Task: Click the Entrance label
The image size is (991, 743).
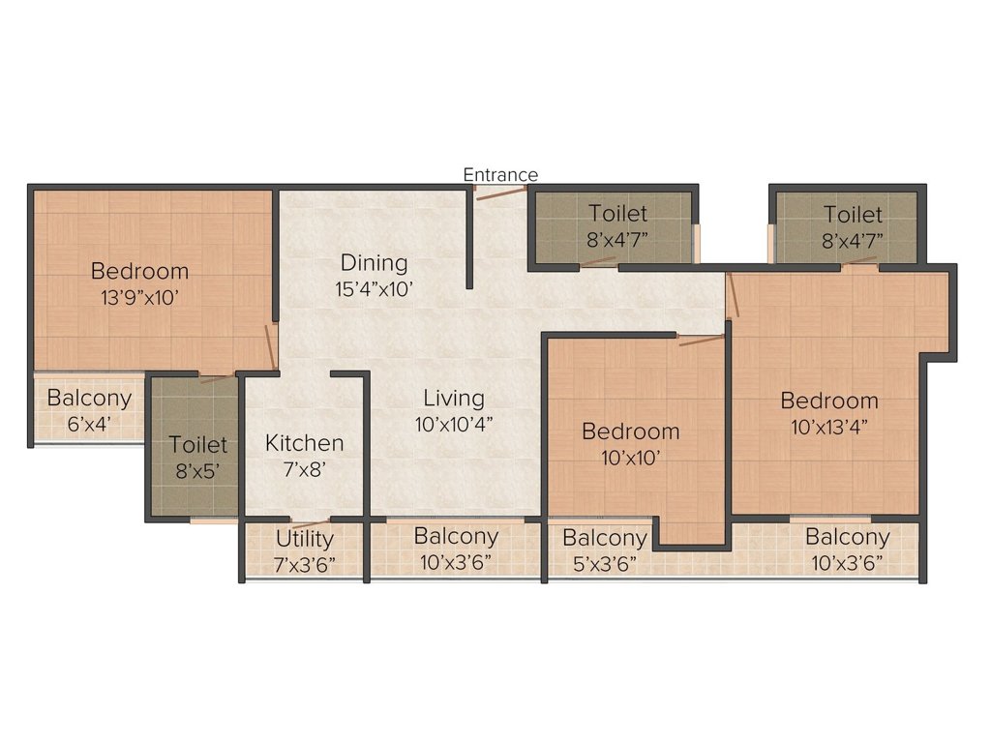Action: point(500,174)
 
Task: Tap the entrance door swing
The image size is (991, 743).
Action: point(501,193)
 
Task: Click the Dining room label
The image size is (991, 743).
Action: point(375,263)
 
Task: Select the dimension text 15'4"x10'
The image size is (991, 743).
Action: point(375,289)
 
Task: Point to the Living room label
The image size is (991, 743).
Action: point(454,398)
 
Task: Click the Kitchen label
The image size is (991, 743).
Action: point(305,443)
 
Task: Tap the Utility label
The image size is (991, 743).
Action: point(305,539)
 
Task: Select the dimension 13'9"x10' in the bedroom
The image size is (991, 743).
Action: point(139,297)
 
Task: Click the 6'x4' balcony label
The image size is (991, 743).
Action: point(89,424)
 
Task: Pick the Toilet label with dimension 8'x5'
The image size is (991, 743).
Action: point(197,444)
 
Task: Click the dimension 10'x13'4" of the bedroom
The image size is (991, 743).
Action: point(829,427)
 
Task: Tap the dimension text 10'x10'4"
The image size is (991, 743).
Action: point(454,424)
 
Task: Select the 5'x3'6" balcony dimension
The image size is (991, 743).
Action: point(605,563)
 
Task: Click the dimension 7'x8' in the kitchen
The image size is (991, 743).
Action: point(305,469)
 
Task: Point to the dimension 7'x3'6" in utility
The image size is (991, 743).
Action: point(305,564)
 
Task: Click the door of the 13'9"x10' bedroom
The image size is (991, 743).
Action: point(271,346)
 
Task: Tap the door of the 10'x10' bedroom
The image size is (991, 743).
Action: point(701,340)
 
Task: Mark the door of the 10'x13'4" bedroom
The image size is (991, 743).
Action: point(733,295)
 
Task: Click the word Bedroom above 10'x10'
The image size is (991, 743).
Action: point(631,431)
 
